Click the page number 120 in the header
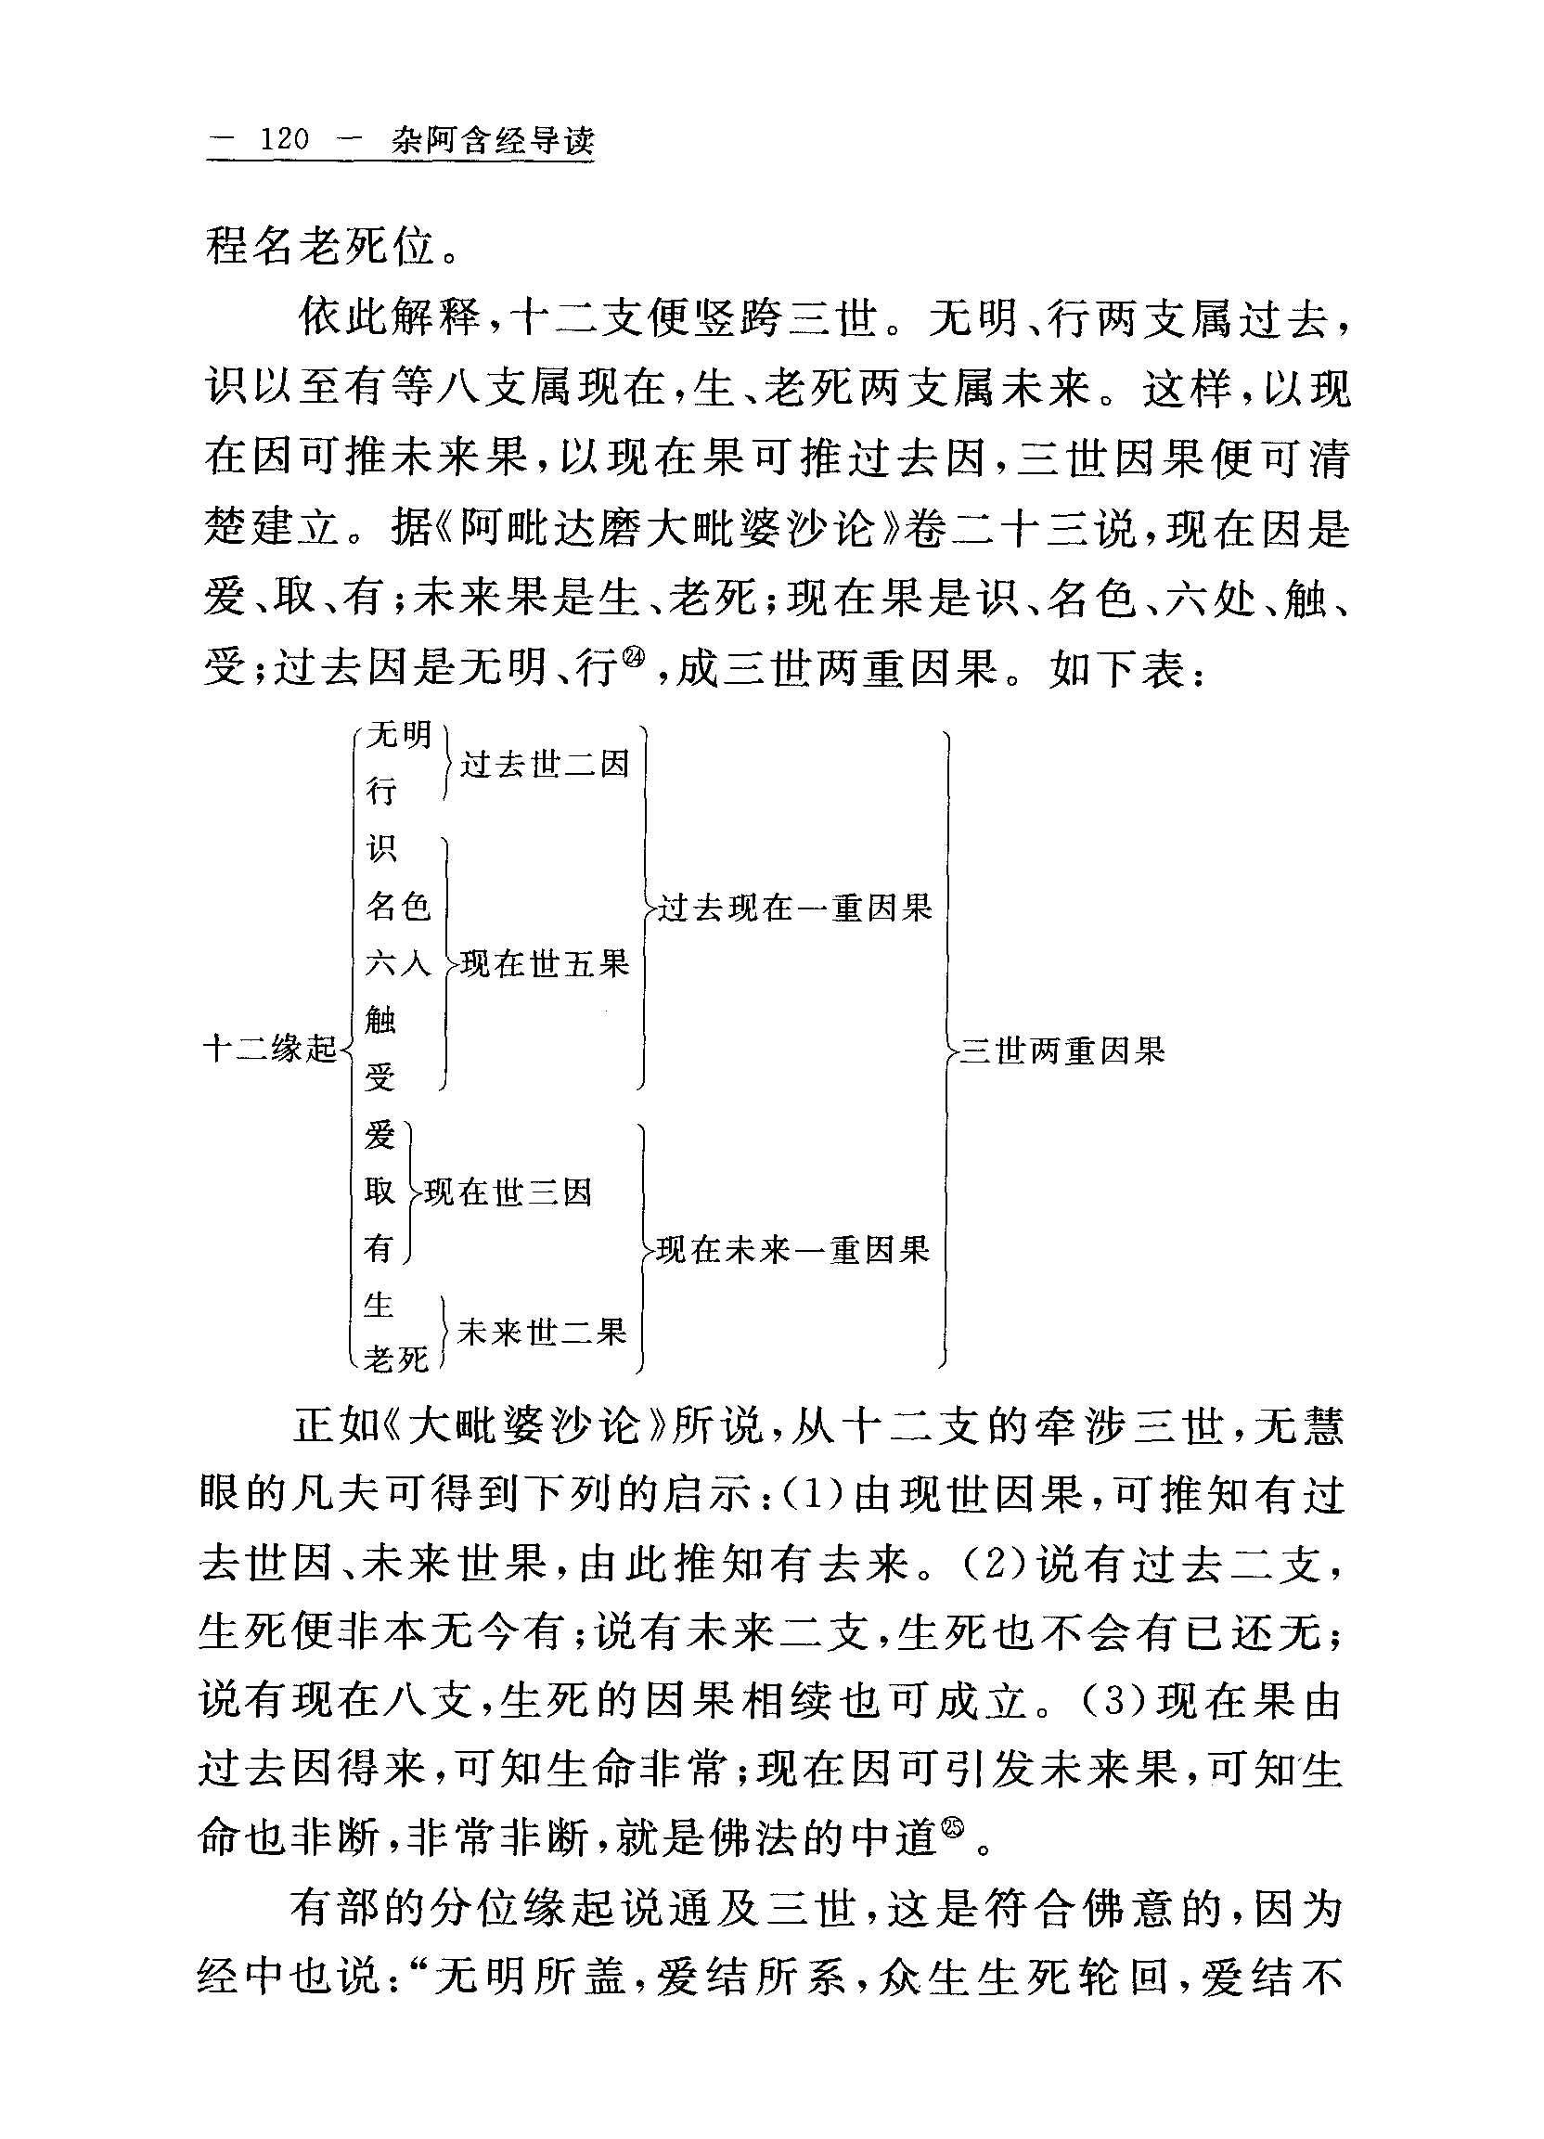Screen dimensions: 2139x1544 click(284, 140)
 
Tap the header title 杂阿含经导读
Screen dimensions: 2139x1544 click(494, 141)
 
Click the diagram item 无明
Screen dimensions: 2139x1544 click(398, 734)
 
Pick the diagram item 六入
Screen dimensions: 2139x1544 click(398, 963)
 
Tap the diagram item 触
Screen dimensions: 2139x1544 click(381, 1020)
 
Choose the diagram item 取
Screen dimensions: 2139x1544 click(380, 1192)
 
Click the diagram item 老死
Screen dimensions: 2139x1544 click(396, 1359)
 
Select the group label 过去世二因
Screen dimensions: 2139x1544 click(545, 764)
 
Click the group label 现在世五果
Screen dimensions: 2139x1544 click(545, 964)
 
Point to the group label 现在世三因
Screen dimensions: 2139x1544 click(508, 1193)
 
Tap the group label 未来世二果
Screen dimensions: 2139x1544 click(542, 1332)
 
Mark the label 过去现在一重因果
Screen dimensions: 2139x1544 click(794, 908)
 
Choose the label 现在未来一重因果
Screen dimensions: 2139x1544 click(793, 1250)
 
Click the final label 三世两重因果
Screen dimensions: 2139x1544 click(1062, 1050)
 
